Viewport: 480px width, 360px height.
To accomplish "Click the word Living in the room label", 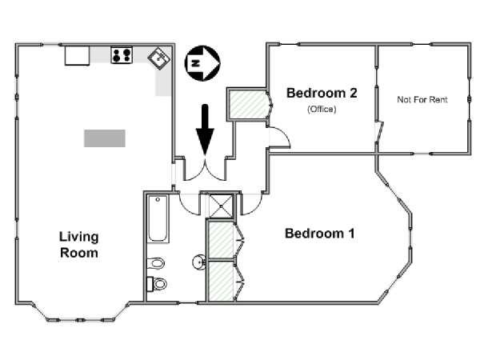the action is [78, 238].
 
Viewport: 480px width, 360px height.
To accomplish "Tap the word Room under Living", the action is [79, 253].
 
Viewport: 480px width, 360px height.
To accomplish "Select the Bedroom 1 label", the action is [320, 234].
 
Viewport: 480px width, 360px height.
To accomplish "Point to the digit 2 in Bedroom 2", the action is [353, 93].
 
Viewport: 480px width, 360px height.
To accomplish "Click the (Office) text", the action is [322, 109].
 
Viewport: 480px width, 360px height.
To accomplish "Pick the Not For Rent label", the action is [422, 99].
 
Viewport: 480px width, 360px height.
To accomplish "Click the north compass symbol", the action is [202, 63].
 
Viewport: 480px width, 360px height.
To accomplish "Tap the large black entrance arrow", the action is [205, 129].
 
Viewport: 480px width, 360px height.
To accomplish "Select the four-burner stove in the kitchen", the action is [122, 55].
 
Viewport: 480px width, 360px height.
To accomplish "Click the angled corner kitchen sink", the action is [159, 58].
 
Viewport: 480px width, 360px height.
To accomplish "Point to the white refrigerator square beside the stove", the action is [77, 55].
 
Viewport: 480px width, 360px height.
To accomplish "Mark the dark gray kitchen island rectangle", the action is [105, 138].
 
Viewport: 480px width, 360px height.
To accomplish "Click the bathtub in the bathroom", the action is [158, 219].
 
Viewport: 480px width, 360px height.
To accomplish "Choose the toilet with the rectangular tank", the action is [157, 284].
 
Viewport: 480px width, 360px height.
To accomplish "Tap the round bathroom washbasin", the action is [199, 262].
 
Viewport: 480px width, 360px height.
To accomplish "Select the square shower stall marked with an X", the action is [221, 206].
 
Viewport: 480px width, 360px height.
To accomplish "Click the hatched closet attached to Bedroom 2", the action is [248, 104].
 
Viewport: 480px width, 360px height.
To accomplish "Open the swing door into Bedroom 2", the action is [279, 137].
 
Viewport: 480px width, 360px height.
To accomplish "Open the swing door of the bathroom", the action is [189, 204].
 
